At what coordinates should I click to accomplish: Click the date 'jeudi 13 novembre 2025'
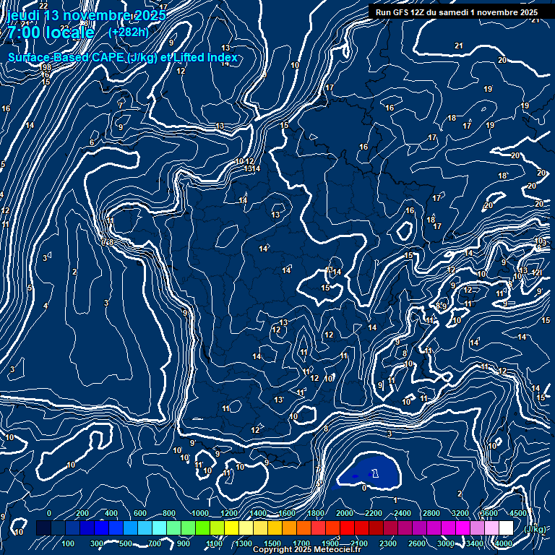[x=86, y=16]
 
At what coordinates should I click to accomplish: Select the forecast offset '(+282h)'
[x=128, y=32]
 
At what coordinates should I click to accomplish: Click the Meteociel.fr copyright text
[x=306, y=550]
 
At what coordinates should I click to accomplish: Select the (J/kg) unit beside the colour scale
[x=535, y=529]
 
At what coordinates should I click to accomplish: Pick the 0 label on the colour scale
[x=49, y=513]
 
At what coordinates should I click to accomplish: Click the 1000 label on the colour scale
[x=199, y=513]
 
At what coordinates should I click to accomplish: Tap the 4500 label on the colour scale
[x=518, y=513]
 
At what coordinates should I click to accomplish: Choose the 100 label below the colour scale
[x=69, y=543]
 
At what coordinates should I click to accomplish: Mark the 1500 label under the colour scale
[x=272, y=543]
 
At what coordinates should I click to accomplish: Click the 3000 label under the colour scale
[x=446, y=543]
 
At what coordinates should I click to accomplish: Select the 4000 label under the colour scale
[x=504, y=543]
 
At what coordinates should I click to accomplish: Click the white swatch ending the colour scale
[x=506, y=528]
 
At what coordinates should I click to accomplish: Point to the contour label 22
[x=43, y=6]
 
